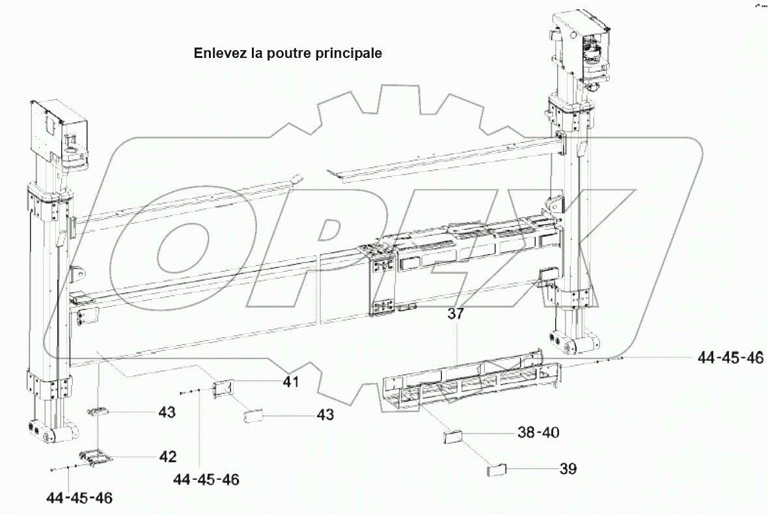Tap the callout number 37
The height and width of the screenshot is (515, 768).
456,314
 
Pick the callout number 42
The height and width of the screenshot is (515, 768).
168,456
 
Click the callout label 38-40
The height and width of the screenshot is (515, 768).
538,432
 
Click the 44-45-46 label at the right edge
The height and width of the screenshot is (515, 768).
730,357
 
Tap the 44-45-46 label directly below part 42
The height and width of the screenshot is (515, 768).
79,499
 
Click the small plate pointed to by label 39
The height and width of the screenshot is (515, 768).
497,471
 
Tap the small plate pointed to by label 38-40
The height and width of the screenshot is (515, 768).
454,436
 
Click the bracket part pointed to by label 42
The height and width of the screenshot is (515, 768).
95,458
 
